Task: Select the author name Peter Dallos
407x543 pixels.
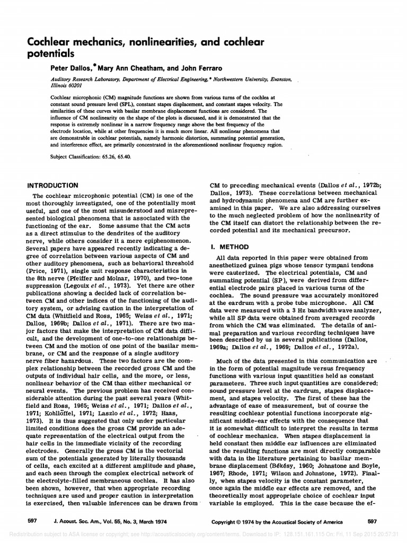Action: click(x=75, y=68)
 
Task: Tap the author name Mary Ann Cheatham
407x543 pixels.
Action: click(x=137, y=68)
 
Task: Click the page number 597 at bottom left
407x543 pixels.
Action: click(x=32, y=520)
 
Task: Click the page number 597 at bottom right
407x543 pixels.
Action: click(x=371, y=520)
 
